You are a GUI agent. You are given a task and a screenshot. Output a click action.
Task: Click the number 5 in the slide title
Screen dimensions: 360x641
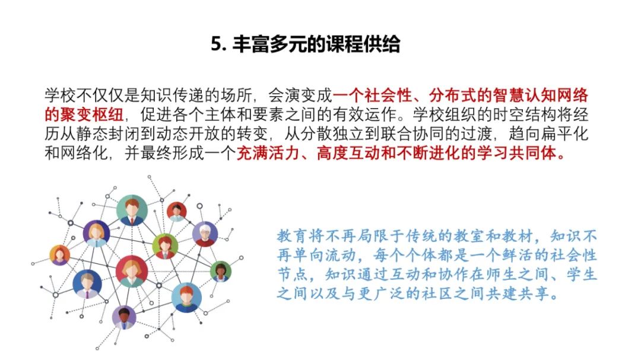point(216,44)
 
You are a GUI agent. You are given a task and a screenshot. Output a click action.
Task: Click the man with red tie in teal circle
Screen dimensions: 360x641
point(132,210)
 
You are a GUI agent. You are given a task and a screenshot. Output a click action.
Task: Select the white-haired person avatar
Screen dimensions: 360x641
point(205,234)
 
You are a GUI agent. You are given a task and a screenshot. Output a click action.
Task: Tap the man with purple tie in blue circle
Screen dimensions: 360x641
point(87,283)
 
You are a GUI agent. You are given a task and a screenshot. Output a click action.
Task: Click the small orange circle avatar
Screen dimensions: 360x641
point(60,255)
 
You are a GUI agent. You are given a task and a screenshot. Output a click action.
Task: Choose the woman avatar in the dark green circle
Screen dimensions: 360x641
point(221,272)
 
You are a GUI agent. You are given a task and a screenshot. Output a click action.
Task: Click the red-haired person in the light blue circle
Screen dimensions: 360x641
point(186,297)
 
